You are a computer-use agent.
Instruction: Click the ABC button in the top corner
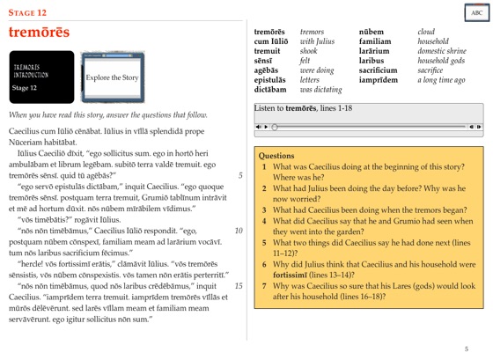pos(476,13)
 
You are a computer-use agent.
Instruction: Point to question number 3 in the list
pos(265,209)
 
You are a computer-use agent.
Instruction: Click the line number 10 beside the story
pos(238,231)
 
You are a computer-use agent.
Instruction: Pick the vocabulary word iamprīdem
pos(379,80)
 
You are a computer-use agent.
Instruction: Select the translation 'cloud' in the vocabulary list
pos(427,32)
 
